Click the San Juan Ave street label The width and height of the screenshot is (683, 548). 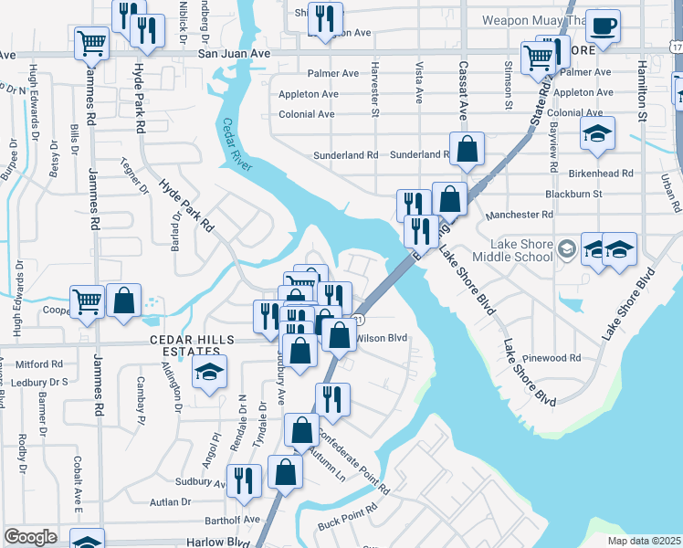pos(236,55)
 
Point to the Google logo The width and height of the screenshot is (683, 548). pos(30,537)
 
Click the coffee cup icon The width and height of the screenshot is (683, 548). pos(602,27)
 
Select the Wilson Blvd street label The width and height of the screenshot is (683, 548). pos(381,337)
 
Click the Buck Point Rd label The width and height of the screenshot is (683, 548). pos(347,518)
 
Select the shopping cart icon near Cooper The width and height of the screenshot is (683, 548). pos(87,301)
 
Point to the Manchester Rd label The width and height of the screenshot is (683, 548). pos(520,215)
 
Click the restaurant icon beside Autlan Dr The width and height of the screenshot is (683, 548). pos(243,480)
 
